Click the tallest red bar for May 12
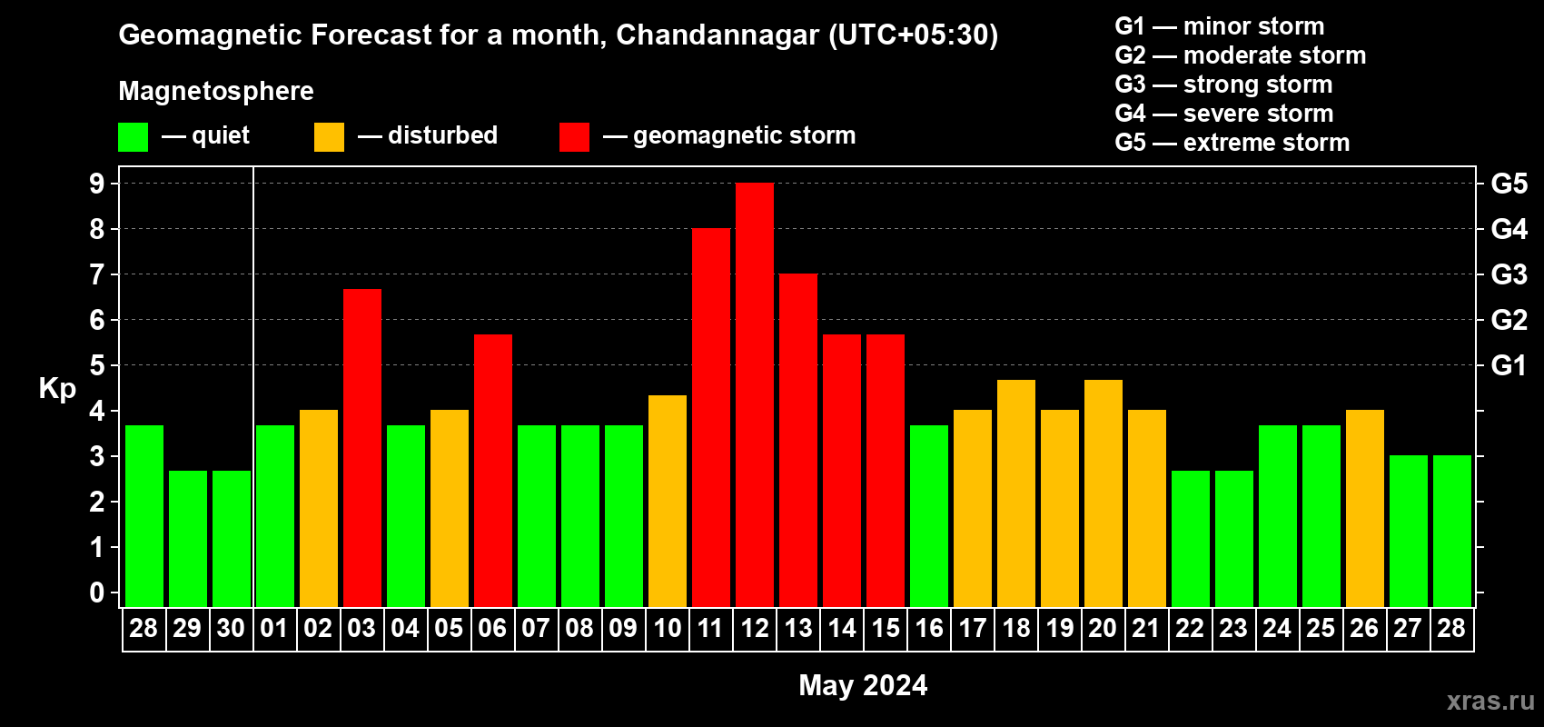click(755, 395)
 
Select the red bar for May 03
click(362, 448)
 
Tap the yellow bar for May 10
click(668, 501)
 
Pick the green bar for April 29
click(188, 539)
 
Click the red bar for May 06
click(493, 471)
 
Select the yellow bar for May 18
click(1016, 493)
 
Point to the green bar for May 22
click(1191, 539)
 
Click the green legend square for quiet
click(134, 137)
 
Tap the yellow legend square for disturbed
click(329, 137)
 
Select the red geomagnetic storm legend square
click(574, 137)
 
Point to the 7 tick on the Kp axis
click(97, 274)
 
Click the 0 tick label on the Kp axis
click(97, 593)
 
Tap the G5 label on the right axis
click(1509, 184)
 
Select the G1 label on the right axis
click(1509, 365)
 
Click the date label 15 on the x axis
click(886, 629)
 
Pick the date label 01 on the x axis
click(274, 629)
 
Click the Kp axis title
click(57, 388)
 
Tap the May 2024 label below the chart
click(863, 685)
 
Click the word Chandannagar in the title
click(718, 35)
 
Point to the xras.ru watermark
click(1490, 701)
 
